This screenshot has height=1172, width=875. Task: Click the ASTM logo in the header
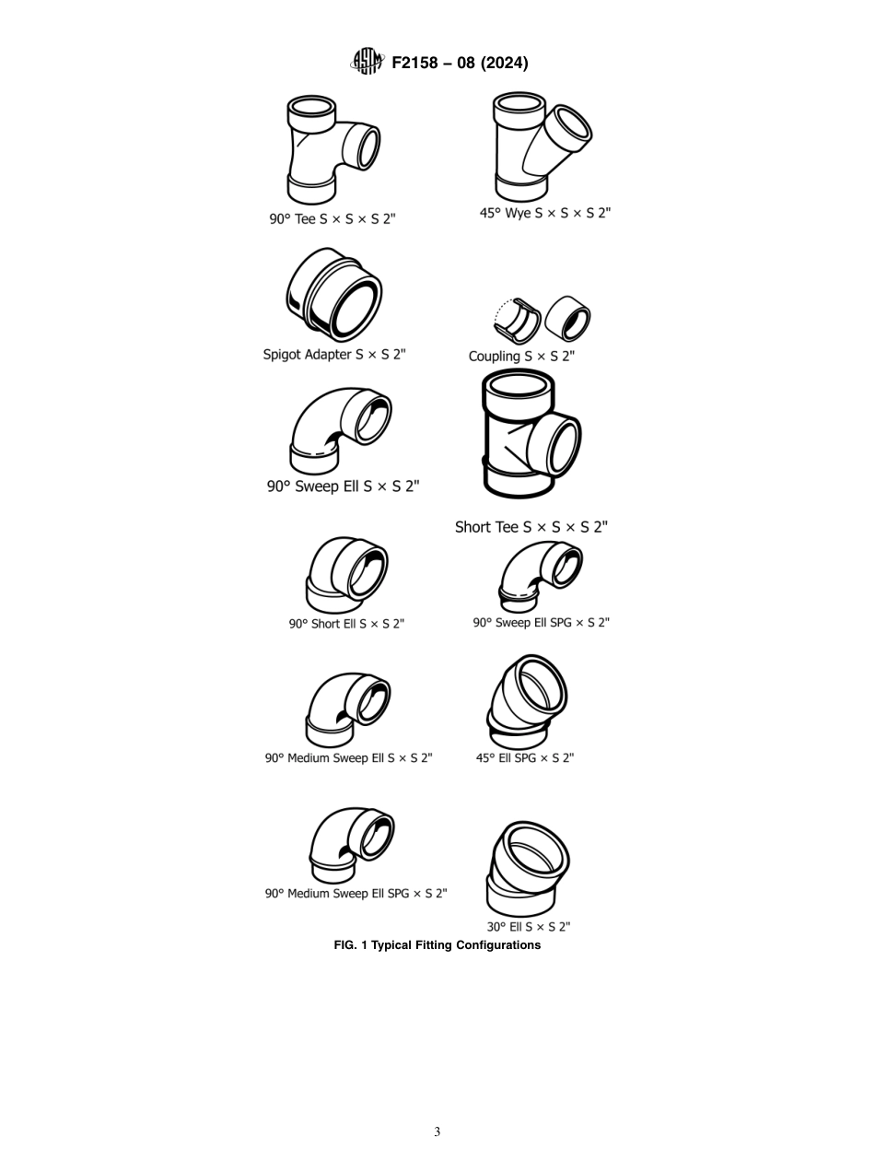click(366, 62)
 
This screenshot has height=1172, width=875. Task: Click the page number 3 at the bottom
click(437, 1131)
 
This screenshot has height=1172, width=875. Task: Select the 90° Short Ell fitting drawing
click(345, 576)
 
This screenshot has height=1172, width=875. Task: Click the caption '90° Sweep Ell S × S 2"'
click(343, 486)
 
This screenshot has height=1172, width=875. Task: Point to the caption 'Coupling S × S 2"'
click(520, 357)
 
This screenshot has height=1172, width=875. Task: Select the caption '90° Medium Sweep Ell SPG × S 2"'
click(356, 894)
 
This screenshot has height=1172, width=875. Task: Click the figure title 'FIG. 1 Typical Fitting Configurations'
click(437, 945)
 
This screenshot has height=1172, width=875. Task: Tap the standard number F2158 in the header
click(420, 63)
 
